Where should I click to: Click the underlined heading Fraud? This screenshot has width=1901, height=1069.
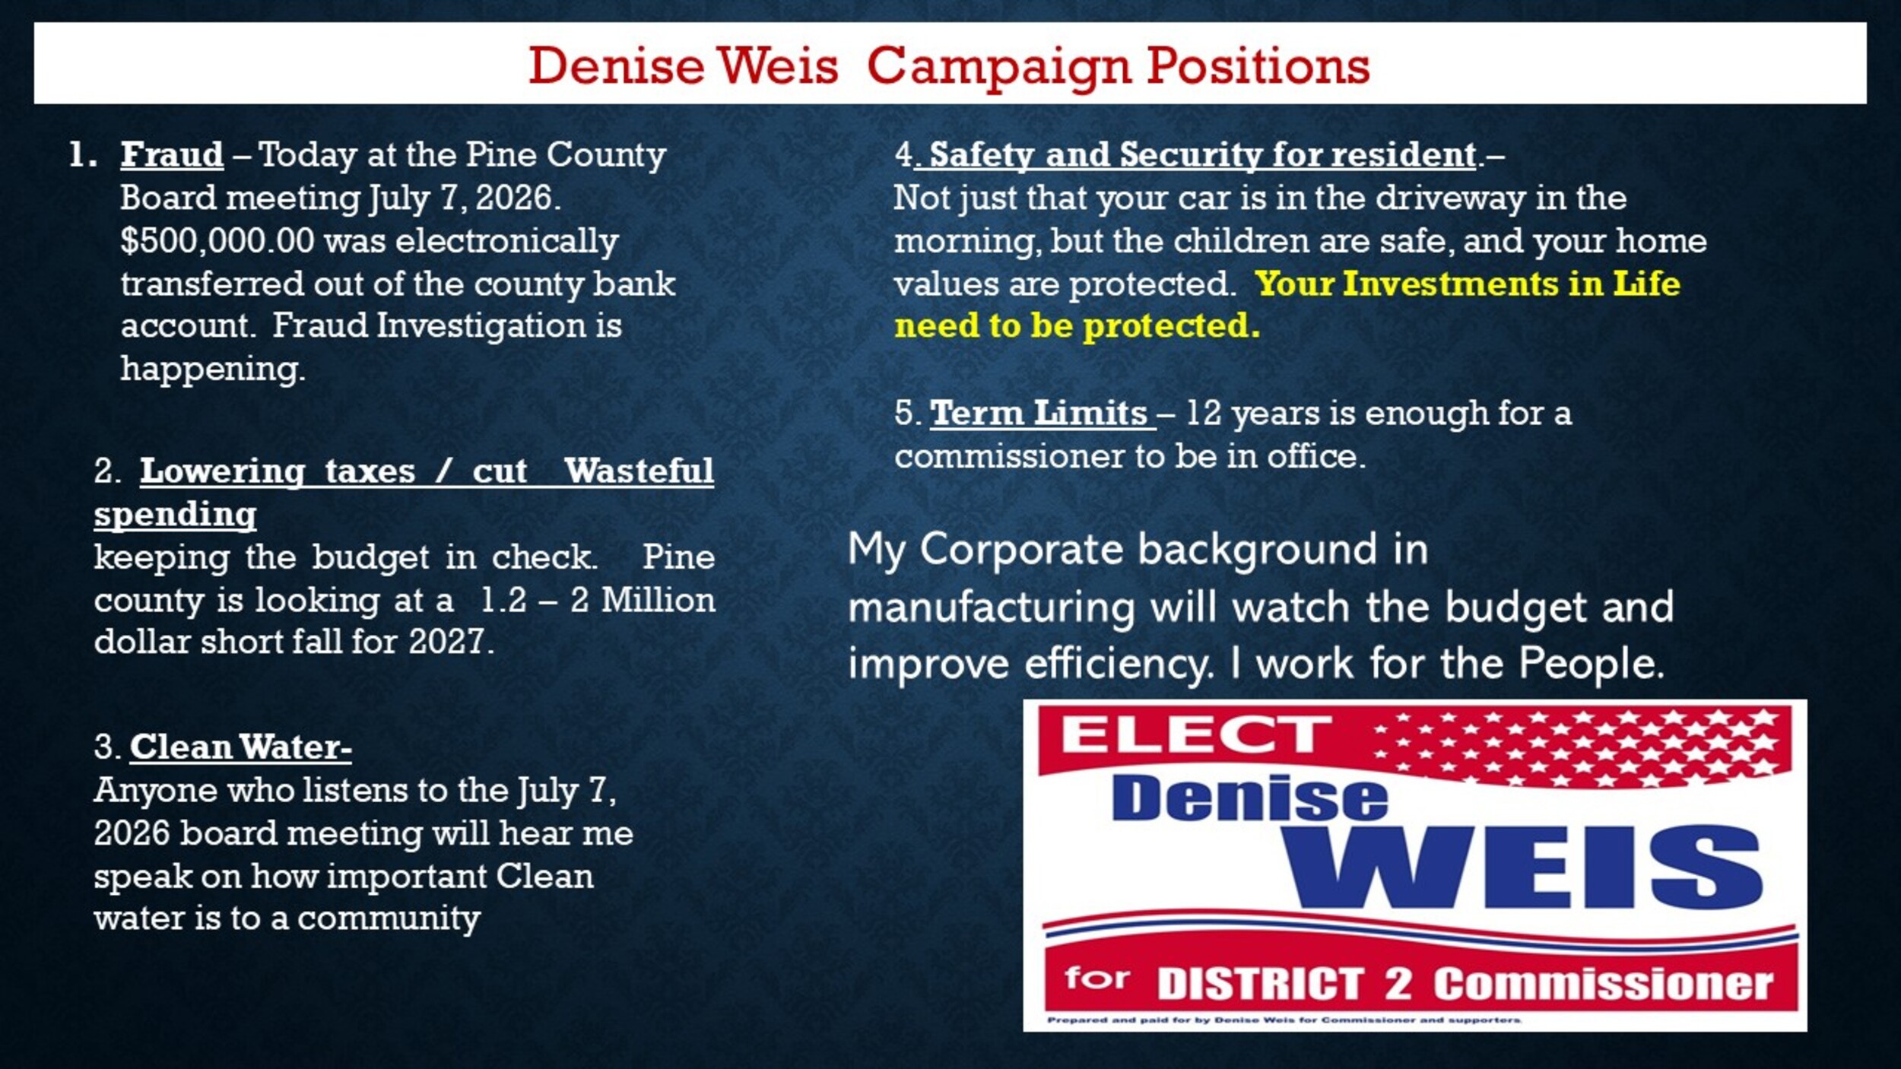pyautogui.click(x=172, y=154)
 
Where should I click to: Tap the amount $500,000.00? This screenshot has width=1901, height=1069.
pyautogui.click(x=217, y=241)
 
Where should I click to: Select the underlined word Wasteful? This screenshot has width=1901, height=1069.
pyautogui.click(x=639, y=471)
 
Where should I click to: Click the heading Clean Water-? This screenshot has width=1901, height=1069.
pyautogui.click(x=240, y=747)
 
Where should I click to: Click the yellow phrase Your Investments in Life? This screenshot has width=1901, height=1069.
pyautogui.click(x=1468, y=284)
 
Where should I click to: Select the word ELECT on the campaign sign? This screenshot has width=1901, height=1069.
pyautogui.click(x=1196, y=734)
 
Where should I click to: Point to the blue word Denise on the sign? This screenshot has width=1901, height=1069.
pyautogui.click(x=1249, y=798)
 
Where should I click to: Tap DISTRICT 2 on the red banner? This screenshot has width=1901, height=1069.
pyautogui.click(x=1284, y=984)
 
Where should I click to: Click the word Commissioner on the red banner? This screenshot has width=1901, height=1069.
pyautogui.click(x=1603, y=984)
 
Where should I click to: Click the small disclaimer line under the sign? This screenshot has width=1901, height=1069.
pyautogui.click(x=1284, y=1020)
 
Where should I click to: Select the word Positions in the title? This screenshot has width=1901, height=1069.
pyautogui.click(x=1258, y=67)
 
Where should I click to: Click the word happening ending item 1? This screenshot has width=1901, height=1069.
pyautogui.click(x=213, y=370)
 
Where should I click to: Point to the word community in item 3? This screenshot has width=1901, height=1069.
pyautogui.click(x=389, y=920)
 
